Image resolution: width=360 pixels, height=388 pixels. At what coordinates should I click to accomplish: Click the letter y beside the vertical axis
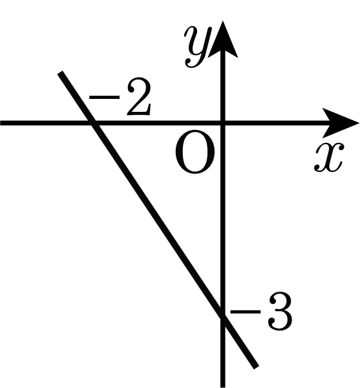tap(198, 47)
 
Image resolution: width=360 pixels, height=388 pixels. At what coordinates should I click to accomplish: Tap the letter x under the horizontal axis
tap(329, 157)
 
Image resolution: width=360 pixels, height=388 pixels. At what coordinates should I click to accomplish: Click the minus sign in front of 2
tap(104, 98)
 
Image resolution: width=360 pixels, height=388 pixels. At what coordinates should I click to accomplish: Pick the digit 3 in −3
tap(280, 312)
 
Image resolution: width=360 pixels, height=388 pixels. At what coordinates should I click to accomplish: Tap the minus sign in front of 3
tap(245, 312)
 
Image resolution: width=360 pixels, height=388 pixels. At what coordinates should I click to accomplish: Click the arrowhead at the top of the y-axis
tap(223, 39)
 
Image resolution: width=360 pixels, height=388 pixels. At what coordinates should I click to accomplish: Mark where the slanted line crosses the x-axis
tap(93, 123)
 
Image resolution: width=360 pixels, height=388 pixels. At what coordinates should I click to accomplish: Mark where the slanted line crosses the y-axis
tap(223, 318)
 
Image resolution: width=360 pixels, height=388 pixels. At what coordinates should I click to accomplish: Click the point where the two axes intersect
tap(223, 123)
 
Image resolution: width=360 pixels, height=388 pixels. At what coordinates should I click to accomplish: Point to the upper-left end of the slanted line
tap(60, 72)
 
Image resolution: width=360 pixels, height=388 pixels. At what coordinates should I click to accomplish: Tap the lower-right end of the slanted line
tap(256, 367)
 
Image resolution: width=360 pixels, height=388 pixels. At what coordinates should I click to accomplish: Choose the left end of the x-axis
tap(1, 123)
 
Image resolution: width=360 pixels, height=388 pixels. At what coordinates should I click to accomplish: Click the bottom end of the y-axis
tap(223, 387)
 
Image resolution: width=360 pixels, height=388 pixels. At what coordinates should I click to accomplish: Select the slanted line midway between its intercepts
tap(158, 221)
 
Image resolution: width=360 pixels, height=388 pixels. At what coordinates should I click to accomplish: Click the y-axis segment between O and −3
tap(223, 221)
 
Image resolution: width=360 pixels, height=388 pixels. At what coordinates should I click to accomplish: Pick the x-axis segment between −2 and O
tap(158, 123)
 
